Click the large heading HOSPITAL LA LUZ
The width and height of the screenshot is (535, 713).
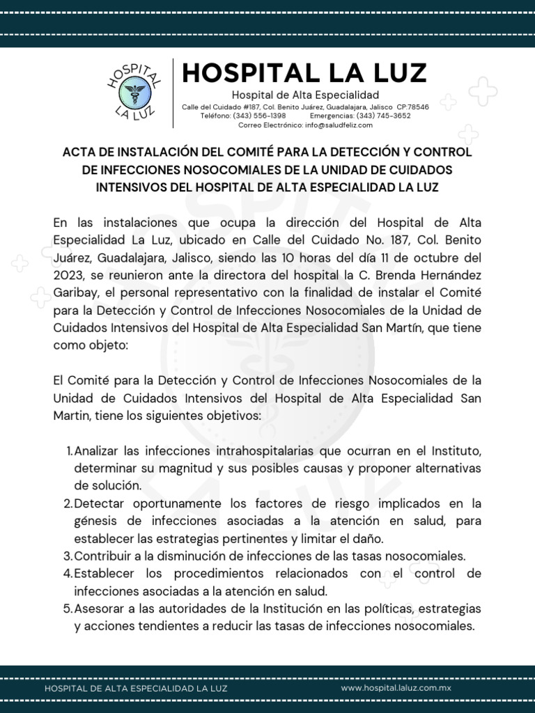coord(304,72)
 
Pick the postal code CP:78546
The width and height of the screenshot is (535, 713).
coord(412,107)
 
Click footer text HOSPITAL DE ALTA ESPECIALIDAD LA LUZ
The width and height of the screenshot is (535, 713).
coord(135,688)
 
